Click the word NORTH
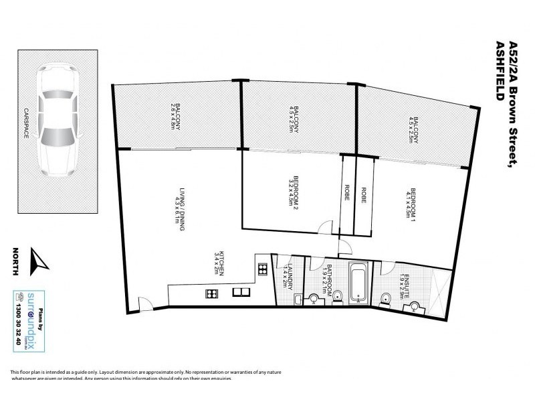(15, 262)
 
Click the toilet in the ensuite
(385, 299)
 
